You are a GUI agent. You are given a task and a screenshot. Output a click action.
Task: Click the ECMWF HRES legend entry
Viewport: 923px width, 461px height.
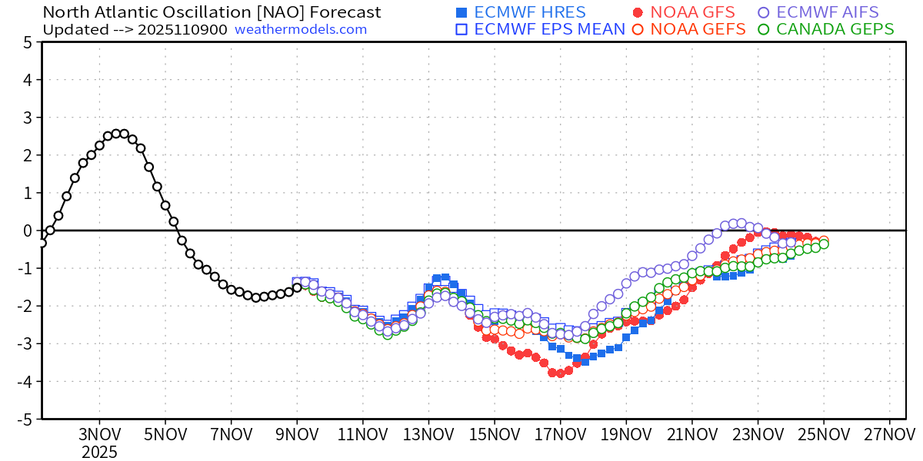tap(521, 12)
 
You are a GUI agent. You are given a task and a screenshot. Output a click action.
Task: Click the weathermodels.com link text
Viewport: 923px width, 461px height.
tap(301, 29)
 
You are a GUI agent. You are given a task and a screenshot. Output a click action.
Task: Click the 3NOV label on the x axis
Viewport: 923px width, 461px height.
tap(100, 433)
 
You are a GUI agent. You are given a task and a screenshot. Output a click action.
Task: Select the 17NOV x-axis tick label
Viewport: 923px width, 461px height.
tap(560, 433)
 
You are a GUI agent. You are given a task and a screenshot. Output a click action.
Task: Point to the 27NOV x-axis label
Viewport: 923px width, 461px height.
tap(889, 433)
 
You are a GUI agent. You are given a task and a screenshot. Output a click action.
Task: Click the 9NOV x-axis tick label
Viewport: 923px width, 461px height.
tap(297, 433)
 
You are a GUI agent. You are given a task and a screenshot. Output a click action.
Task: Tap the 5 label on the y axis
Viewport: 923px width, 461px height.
tap(28, 42)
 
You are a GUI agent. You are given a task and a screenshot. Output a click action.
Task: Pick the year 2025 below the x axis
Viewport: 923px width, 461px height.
tap(100, 451)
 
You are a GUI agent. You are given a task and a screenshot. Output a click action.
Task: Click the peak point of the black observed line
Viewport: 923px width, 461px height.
tap(116, 134)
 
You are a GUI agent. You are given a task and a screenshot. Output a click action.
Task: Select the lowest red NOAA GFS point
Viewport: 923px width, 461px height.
tap(560, 373)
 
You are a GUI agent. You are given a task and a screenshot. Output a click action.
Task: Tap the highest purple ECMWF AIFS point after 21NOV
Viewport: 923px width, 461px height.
tap(741, 223)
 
